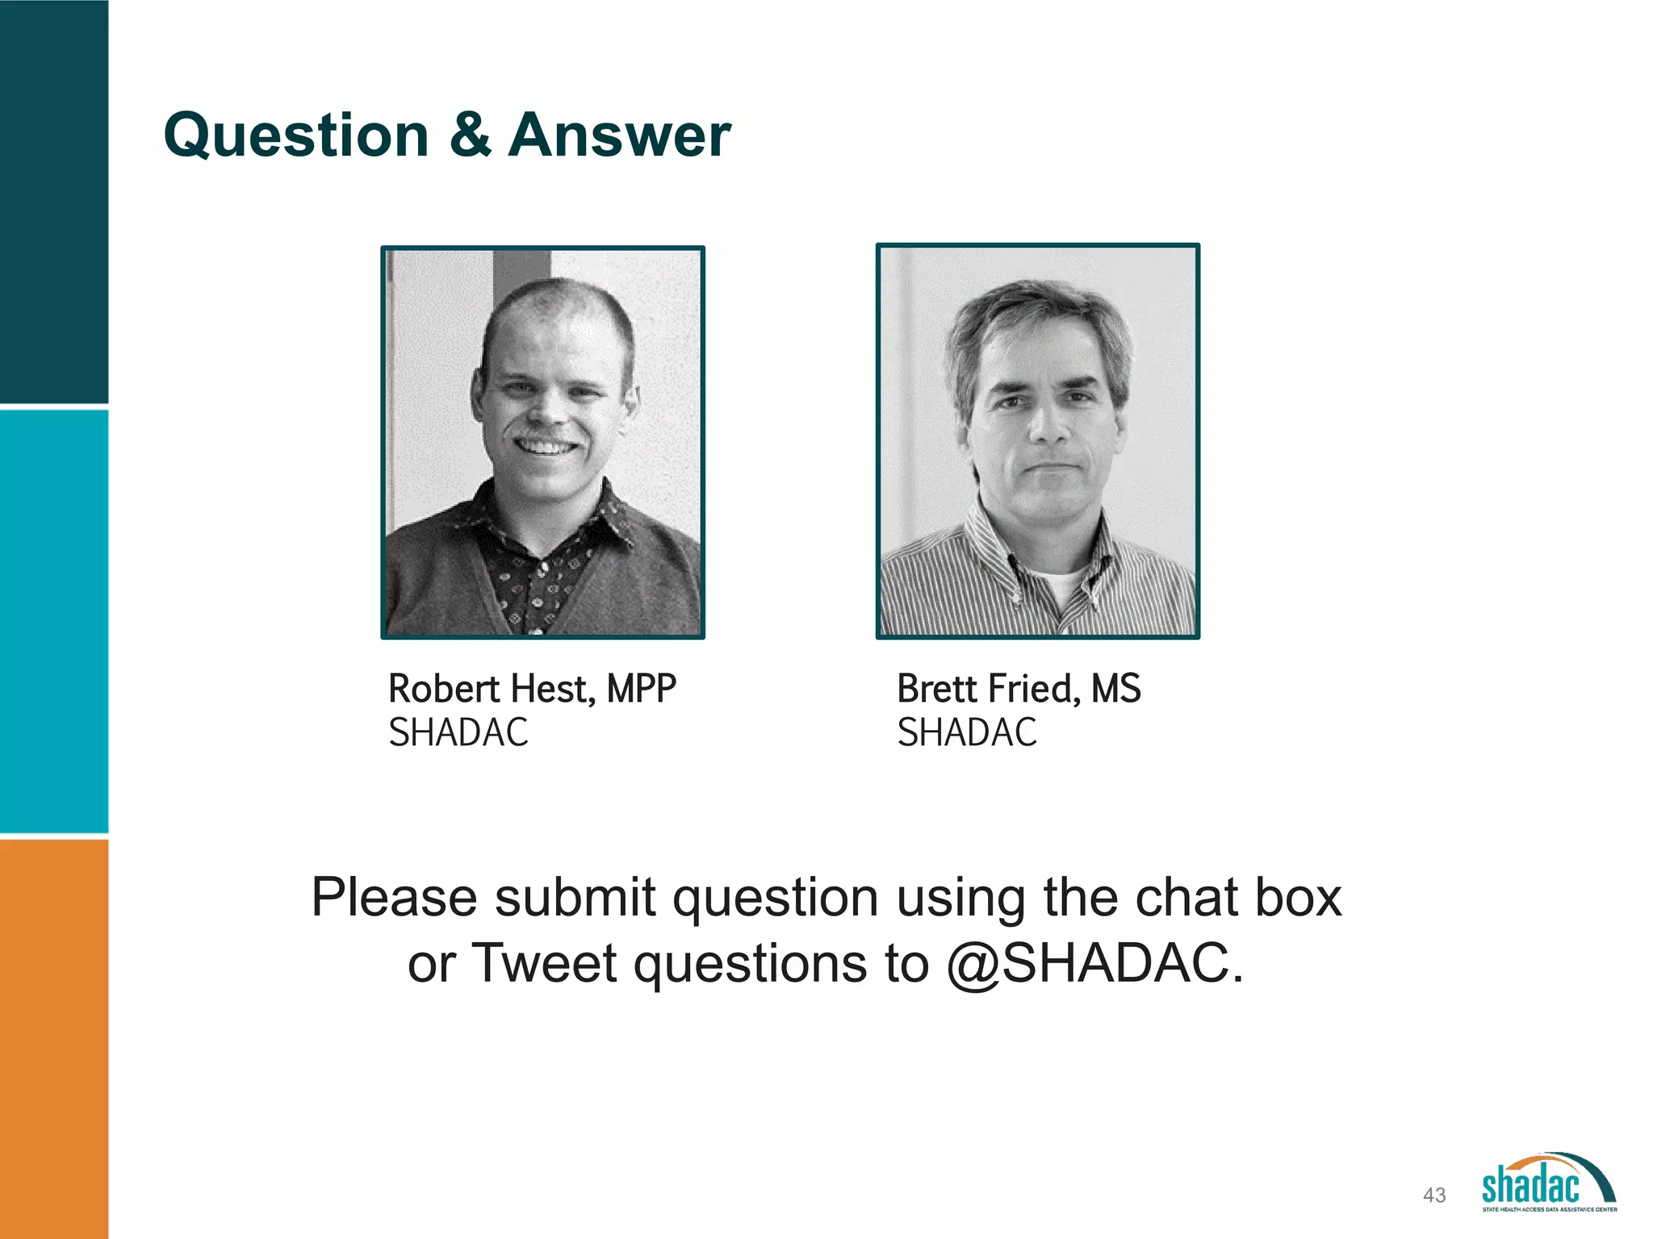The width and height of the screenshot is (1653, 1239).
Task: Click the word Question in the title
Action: (x=295, y=136)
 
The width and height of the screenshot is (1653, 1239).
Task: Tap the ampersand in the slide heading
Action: (x=469, y=134)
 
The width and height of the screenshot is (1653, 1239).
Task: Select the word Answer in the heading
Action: (x=619, y=136)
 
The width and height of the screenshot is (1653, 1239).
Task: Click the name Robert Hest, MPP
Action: (x=532, y=689)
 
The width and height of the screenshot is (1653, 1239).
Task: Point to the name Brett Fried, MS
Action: (x=1019, y=689)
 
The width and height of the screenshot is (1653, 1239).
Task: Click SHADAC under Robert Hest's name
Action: (x=458, y=732)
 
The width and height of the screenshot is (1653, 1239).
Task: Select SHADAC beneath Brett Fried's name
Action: (x=967, y=732)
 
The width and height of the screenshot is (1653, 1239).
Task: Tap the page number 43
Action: (x=1434, y=1195)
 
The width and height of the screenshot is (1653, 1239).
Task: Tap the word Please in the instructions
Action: (x=394, y=897)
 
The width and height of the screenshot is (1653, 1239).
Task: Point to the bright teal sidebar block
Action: (x=53, y=621)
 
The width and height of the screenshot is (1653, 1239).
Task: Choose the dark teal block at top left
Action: (x=53, y=202)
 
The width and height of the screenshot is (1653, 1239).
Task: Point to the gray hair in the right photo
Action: (x=1033, y=307)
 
